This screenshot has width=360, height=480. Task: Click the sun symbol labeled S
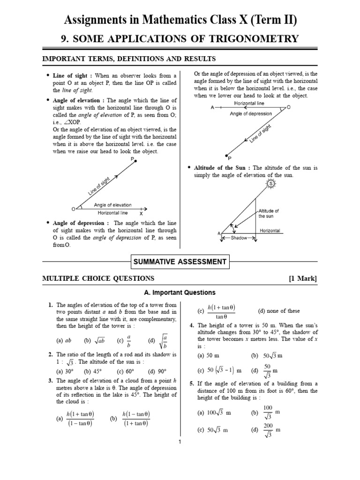click(x=270, y=185)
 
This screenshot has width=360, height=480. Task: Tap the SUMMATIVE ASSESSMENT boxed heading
click(x=180, y=262)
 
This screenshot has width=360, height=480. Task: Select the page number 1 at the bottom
click(x=180, y=442)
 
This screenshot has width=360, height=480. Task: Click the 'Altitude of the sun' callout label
click(x=269, y=213)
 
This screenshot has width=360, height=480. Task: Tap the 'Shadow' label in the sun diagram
click(x=238, y=238)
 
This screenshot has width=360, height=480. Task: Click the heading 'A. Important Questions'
click(x=180, y=292)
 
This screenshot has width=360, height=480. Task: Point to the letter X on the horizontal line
click(x=141, y=213)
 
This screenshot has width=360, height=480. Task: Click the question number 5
click(x=191, y=383)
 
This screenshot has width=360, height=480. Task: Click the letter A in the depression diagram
click(x=212, y=107)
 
